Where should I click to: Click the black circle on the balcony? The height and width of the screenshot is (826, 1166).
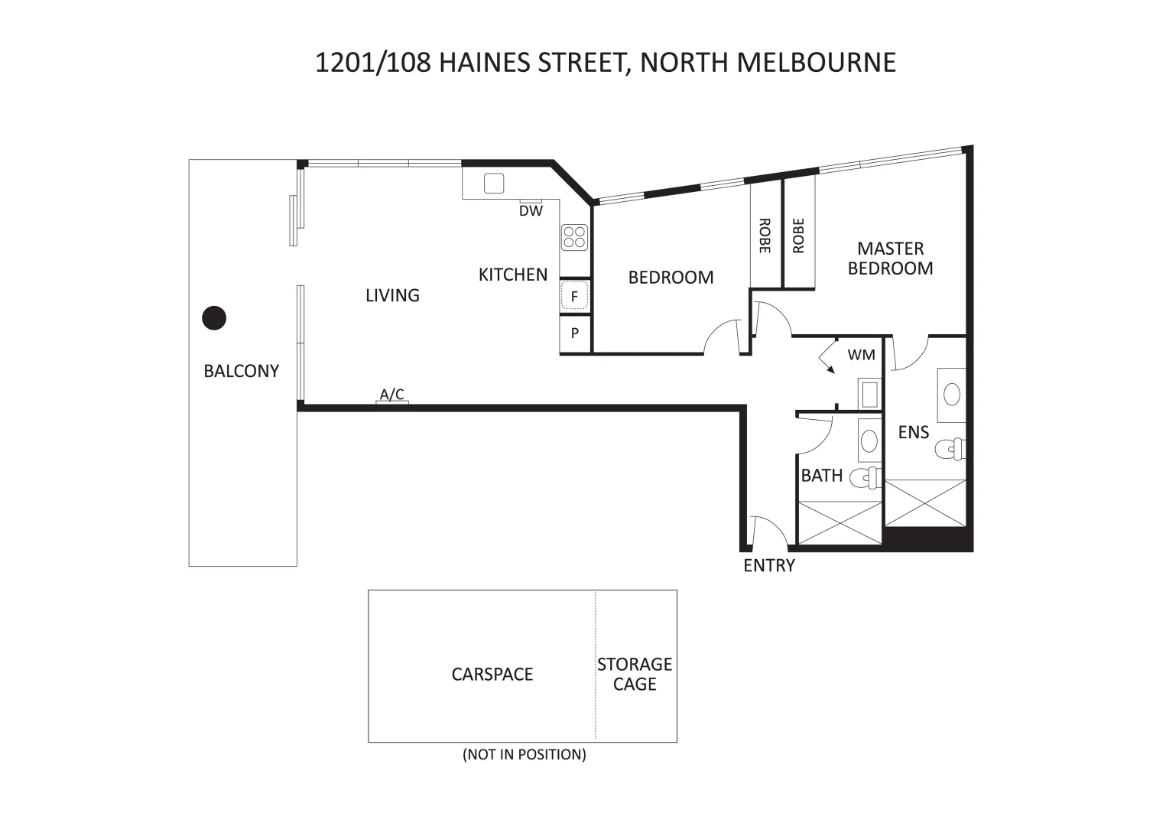(214, 317)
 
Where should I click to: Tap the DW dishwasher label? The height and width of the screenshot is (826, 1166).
(531, 211)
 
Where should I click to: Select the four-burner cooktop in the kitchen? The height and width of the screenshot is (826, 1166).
(574, 237)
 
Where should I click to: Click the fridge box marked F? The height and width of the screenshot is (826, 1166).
(575, 296)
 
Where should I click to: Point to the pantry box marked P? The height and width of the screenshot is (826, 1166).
(575, 333)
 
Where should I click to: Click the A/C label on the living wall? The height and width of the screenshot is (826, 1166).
(392, 395)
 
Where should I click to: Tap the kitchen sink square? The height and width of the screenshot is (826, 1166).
(494, 184)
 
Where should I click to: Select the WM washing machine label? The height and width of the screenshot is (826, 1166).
(861, 355)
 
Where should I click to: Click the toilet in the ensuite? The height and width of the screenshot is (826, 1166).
(950, 447)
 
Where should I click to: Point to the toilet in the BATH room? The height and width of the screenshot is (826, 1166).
(867, 477)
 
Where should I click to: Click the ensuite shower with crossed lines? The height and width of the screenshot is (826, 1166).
(925, 502)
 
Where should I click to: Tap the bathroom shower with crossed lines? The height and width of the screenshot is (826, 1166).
(840, 523)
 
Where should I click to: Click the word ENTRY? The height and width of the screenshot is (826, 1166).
(769, 566)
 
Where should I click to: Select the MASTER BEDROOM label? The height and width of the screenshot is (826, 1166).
(890, 259)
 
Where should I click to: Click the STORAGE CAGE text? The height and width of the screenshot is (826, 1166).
(635, 674)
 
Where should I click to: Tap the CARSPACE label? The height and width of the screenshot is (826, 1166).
(492, 675)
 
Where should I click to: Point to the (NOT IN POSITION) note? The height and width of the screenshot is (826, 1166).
(525, 755)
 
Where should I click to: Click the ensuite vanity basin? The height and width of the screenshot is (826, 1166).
(952, 395)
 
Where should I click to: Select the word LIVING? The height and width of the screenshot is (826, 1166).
(392, 295)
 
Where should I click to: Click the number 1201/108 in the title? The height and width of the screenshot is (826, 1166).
(373, 63)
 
